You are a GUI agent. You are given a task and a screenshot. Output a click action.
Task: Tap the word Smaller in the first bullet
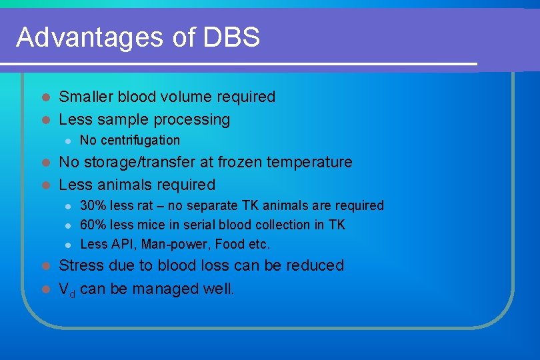(x=85, y=97)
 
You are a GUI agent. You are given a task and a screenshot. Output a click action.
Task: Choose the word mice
(x=151, y=225)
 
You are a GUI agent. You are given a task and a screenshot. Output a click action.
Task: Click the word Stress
(x=79, y=265)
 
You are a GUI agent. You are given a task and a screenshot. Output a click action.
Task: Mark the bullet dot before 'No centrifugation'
(x=67, y=141)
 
